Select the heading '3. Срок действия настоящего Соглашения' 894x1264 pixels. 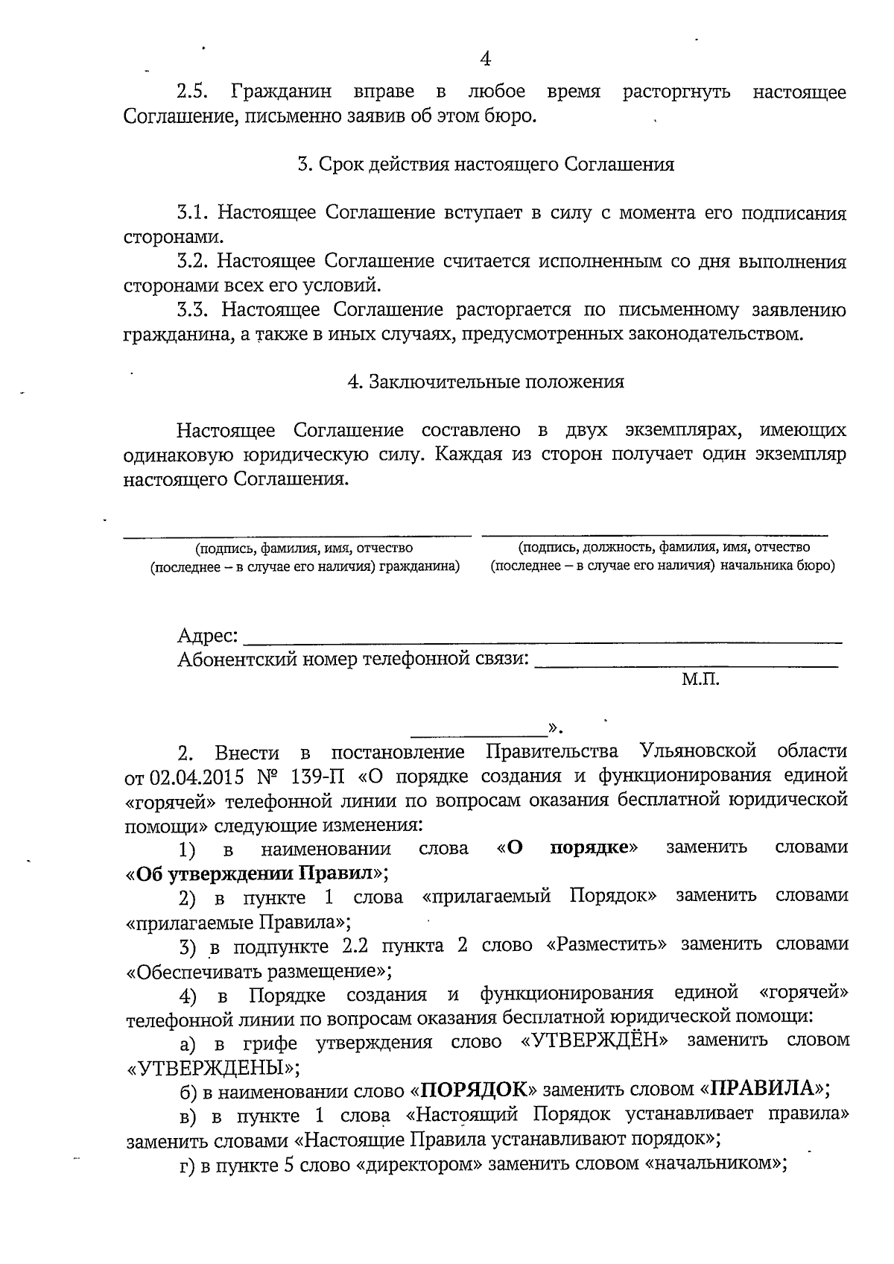pos(486,164)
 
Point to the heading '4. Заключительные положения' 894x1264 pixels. pos(486,382)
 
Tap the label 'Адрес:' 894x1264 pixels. pos(208,636)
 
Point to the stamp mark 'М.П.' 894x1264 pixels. pos(700,679)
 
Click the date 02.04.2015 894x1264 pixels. pos(197,776)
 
